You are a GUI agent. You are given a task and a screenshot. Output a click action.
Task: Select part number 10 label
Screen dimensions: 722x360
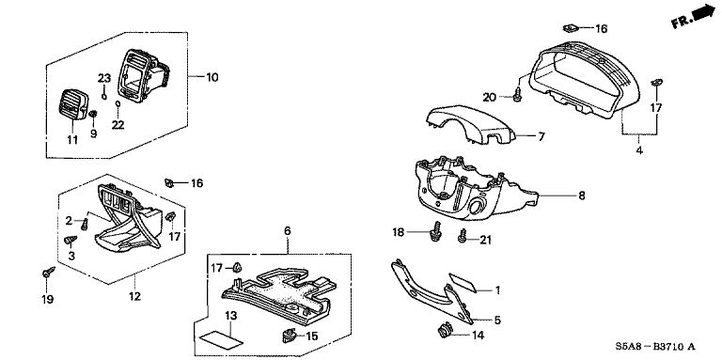(x=212, y=77)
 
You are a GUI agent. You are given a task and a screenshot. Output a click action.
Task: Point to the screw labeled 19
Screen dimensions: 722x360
(x=48, y=272)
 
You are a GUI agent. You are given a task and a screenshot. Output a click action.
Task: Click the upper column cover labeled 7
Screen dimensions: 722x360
(x=469, y=123)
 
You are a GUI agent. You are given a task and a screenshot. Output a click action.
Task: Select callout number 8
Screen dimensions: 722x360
(x=582, y=196)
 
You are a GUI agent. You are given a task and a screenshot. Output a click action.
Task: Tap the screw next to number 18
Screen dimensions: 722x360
(x=434, y=231)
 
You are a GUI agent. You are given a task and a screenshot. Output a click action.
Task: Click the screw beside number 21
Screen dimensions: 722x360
(x=463, y=236)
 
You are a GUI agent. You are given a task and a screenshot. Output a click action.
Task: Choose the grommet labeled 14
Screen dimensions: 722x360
(x=444, y=330)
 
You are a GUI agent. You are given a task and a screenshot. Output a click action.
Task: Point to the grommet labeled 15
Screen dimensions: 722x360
(x=288, y=337)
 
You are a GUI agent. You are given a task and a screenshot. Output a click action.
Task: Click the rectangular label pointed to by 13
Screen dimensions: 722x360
(x=221, y=339)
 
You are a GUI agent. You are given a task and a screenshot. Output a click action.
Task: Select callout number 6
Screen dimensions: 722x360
(x=288, y=230)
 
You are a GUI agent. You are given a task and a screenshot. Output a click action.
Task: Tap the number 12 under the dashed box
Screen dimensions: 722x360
(x=134, y=297)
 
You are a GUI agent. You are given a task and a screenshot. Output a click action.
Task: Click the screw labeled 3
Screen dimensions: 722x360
(x=71, y=241)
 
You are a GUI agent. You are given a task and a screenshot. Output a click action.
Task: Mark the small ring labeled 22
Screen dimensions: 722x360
(x=118, y=104)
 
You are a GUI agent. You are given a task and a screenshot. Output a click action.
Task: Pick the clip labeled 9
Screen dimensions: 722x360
(x=92, y=113)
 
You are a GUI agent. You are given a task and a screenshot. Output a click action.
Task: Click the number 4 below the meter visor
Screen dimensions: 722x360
(x=639, y=149)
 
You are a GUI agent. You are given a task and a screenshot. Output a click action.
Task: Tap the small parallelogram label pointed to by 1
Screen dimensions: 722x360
(x=463, y=282)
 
